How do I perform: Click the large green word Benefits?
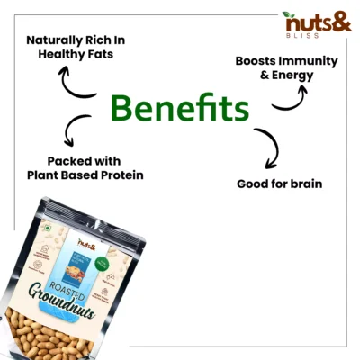tap(179, 110)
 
